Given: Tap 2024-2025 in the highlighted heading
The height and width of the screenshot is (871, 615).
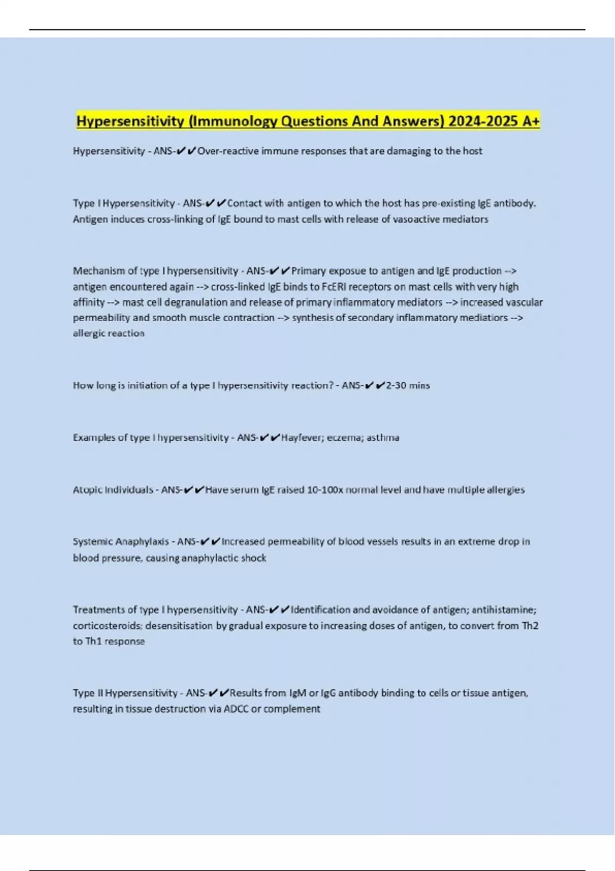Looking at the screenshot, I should click(x=480, y=121).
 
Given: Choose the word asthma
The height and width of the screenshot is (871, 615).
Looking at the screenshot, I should click(x=383, y=438).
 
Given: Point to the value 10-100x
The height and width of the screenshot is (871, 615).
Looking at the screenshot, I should click(x=325, y=490).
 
